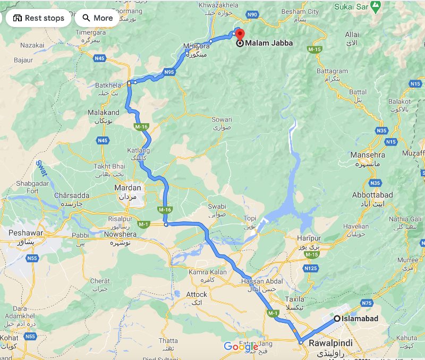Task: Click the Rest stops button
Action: click(38, 18)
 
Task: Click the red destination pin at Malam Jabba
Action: click(239, 33)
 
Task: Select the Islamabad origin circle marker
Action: click(337, 319)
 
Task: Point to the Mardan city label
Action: click(128, 187)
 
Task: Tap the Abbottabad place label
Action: click(372, 195)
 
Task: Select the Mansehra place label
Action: click(368, 155)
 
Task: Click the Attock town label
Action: click(197, 294)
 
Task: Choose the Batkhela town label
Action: click(109, 84)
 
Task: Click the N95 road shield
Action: click(169, 72)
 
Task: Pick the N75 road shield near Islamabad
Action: click(367, 303)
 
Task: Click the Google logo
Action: click(241, 347)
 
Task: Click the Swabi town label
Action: click(217, 207)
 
